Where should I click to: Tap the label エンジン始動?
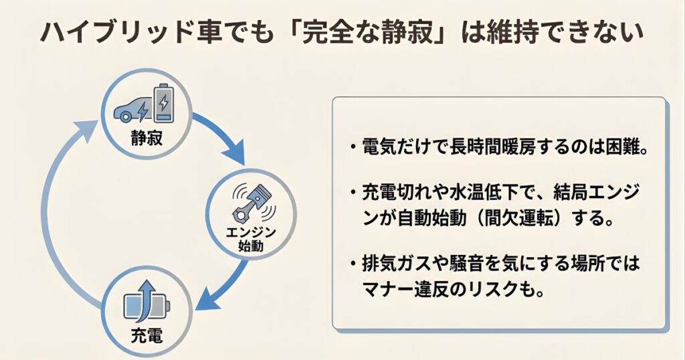click(250, 239)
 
